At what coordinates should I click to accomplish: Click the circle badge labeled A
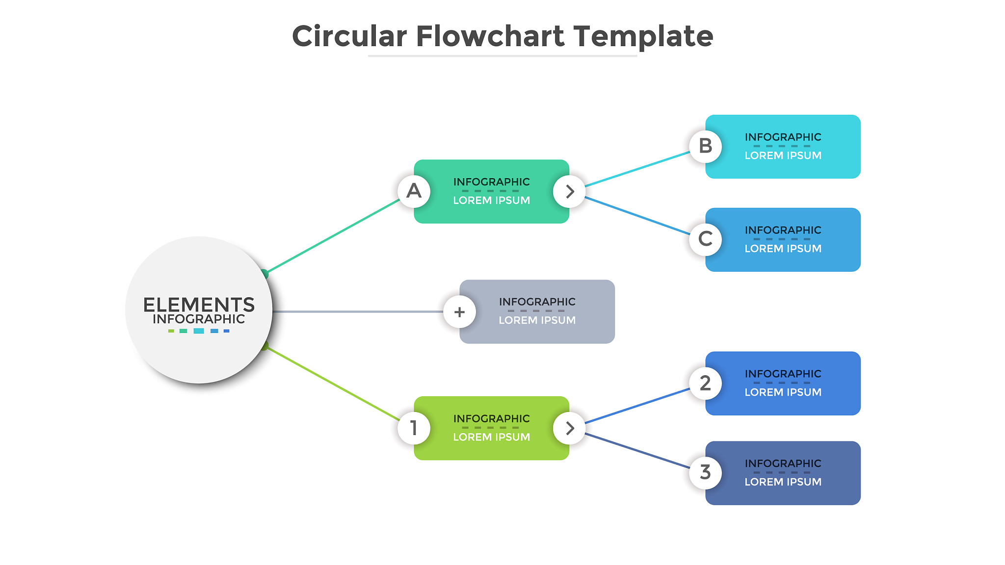(x=414, y=191)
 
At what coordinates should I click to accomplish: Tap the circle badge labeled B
(x=705, y=146)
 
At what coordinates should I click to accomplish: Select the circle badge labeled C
(x=705, y=239)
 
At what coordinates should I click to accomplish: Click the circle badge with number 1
(x=414, y=428)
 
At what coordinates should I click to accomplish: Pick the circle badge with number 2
(x=705, y=383)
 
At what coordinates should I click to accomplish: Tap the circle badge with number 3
(x=705, y=473)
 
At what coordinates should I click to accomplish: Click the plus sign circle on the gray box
(x=459, y=312)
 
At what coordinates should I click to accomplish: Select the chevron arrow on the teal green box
(x=569, y=191)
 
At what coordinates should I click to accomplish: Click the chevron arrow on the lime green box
(x=569, y=428)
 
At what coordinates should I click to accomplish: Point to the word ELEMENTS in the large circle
(x=199, y=305)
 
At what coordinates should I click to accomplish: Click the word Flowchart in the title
(x=490, y=36)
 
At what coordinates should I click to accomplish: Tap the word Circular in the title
(x=349, y=36)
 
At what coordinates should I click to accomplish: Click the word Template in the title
(x=643, y=37)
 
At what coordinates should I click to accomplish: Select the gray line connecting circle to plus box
(x=358, y=311)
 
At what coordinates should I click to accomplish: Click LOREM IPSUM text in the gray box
(x=537, y=320)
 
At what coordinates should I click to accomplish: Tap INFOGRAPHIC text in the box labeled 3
(x=783, y=463)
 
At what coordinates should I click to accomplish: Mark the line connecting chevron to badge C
(x=637, y=216)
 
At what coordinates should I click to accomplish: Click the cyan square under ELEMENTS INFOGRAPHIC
(x=199, y=331)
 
